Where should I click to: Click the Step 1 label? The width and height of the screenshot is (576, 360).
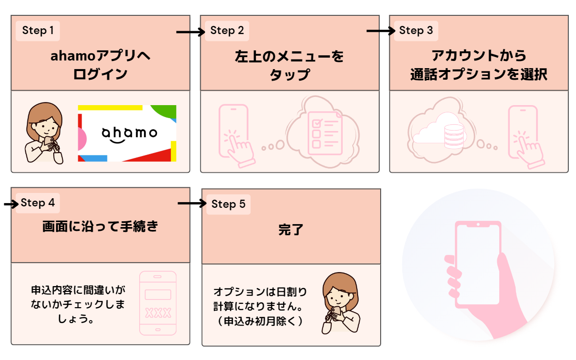38,31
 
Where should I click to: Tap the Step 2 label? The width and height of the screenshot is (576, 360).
227,31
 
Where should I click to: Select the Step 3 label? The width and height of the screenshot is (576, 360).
416,31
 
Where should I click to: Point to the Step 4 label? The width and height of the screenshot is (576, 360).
38,203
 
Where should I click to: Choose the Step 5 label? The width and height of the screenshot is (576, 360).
228,204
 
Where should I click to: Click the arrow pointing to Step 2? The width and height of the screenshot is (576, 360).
190,32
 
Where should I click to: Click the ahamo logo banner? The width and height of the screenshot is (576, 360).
127,133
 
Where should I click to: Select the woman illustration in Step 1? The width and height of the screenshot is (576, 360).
44,133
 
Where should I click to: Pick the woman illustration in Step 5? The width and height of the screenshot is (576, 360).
339,302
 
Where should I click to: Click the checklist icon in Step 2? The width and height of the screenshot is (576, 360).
325,132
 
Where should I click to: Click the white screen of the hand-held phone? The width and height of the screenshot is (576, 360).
478,264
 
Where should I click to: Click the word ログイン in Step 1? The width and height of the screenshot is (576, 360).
100,74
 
